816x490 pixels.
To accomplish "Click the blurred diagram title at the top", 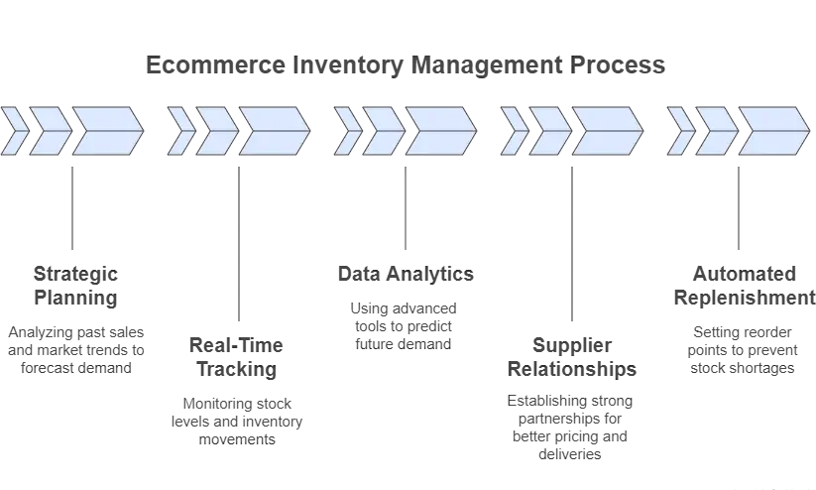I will pos(404,69).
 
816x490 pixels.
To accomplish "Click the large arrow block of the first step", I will pos(105,129).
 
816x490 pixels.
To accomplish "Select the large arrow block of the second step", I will pos(273,129).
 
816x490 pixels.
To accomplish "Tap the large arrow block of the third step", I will pos(439,129).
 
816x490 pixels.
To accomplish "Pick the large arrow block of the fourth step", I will pos(606,129).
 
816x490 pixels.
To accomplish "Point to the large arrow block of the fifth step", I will pos(772,129).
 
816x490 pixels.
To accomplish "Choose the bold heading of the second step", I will pos(238,357).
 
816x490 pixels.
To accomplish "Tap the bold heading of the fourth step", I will pos(575,359).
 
